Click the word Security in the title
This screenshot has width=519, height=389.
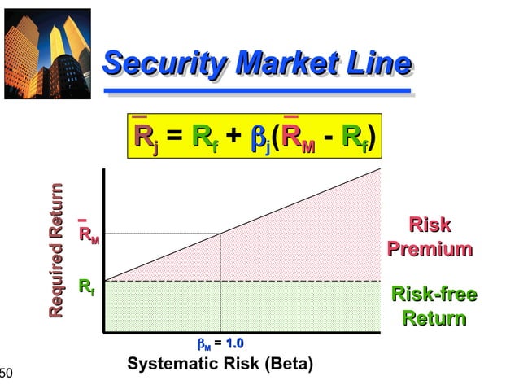tap(155, 62)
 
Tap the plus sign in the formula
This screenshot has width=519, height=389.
tap(233, 137)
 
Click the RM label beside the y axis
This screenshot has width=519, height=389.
tap(88, 234)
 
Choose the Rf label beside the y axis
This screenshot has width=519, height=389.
tap(86, 286)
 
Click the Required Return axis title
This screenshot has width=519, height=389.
tap(56, 251)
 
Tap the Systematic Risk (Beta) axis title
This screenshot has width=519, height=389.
tap(220, 363)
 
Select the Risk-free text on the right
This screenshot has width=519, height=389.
tap(434, 294)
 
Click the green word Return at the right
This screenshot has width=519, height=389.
tap(434, 317)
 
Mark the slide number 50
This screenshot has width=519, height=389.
tap(7, 373)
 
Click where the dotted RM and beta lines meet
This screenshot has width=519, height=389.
tap(220, 234)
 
